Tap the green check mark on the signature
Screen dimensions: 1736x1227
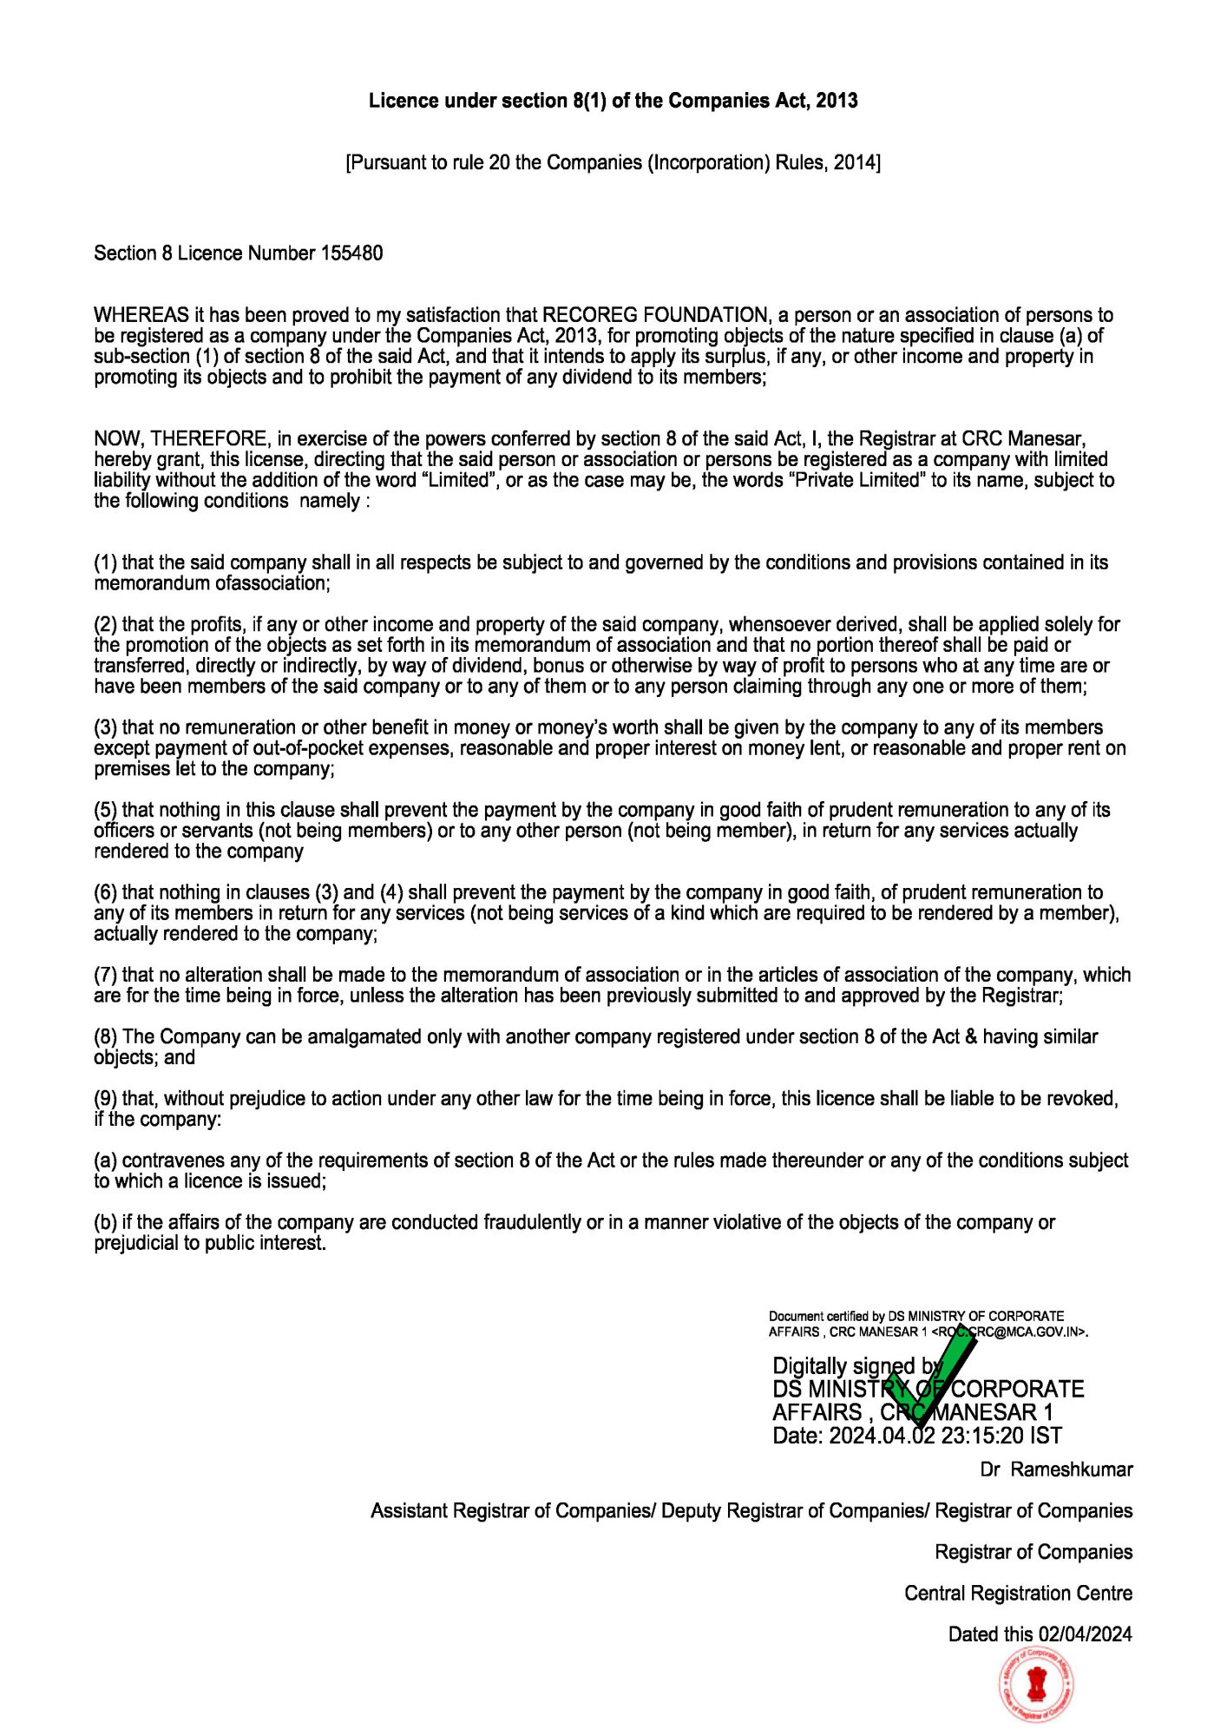pos(933,1376)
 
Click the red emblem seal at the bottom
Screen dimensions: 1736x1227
pos(1036,1686)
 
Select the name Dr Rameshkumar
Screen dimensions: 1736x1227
pos(1056,1470)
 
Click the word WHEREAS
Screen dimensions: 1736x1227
pos(135,315)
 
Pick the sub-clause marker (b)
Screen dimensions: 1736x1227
pos(105,1222)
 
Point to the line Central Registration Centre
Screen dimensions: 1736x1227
pos(1018,1593)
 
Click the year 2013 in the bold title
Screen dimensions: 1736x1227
pos(837,101)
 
